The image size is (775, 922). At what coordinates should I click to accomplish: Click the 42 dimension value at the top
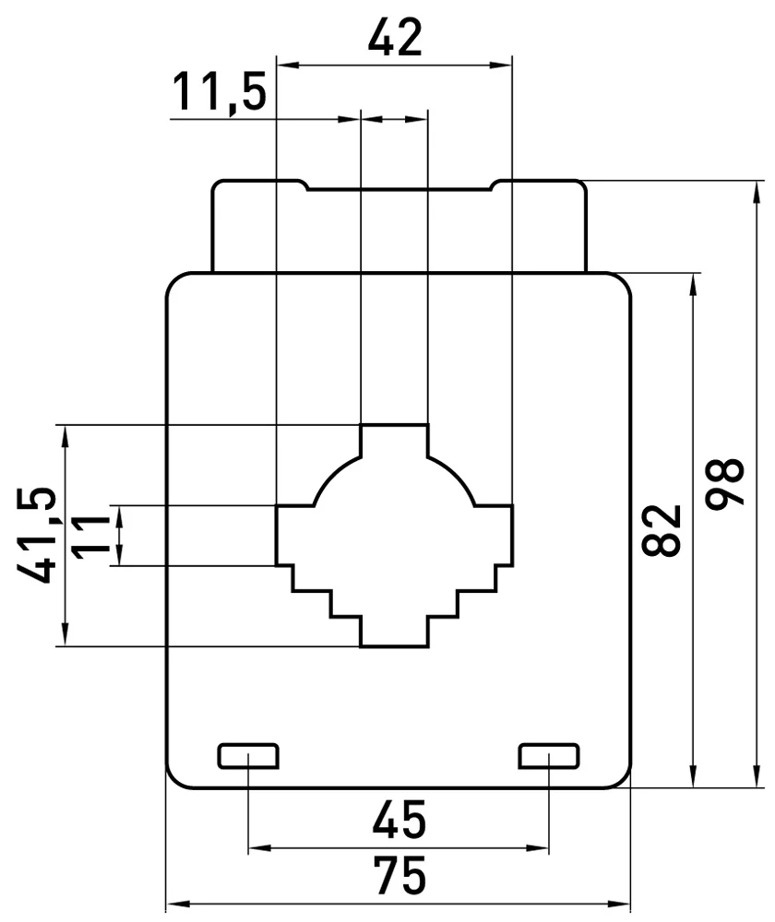(x=395, y=37)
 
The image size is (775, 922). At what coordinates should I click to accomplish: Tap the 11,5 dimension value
(x=220, y=91)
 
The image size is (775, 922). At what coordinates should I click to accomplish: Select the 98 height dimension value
(x=725, y=483)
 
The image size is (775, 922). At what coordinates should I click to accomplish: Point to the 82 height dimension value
(x=662, y=530)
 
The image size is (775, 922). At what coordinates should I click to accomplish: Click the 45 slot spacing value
(x=399, y=819)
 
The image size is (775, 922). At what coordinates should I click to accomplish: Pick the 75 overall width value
(x=399, y=876)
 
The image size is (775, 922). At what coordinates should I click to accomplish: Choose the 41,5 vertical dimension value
(x=37, y=535)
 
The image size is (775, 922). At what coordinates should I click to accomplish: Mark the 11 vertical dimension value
(x=90, y=536)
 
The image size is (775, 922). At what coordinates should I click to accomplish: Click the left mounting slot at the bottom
(x=248, y=756)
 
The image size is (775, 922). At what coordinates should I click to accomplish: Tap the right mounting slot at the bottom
(x=549, y=756)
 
